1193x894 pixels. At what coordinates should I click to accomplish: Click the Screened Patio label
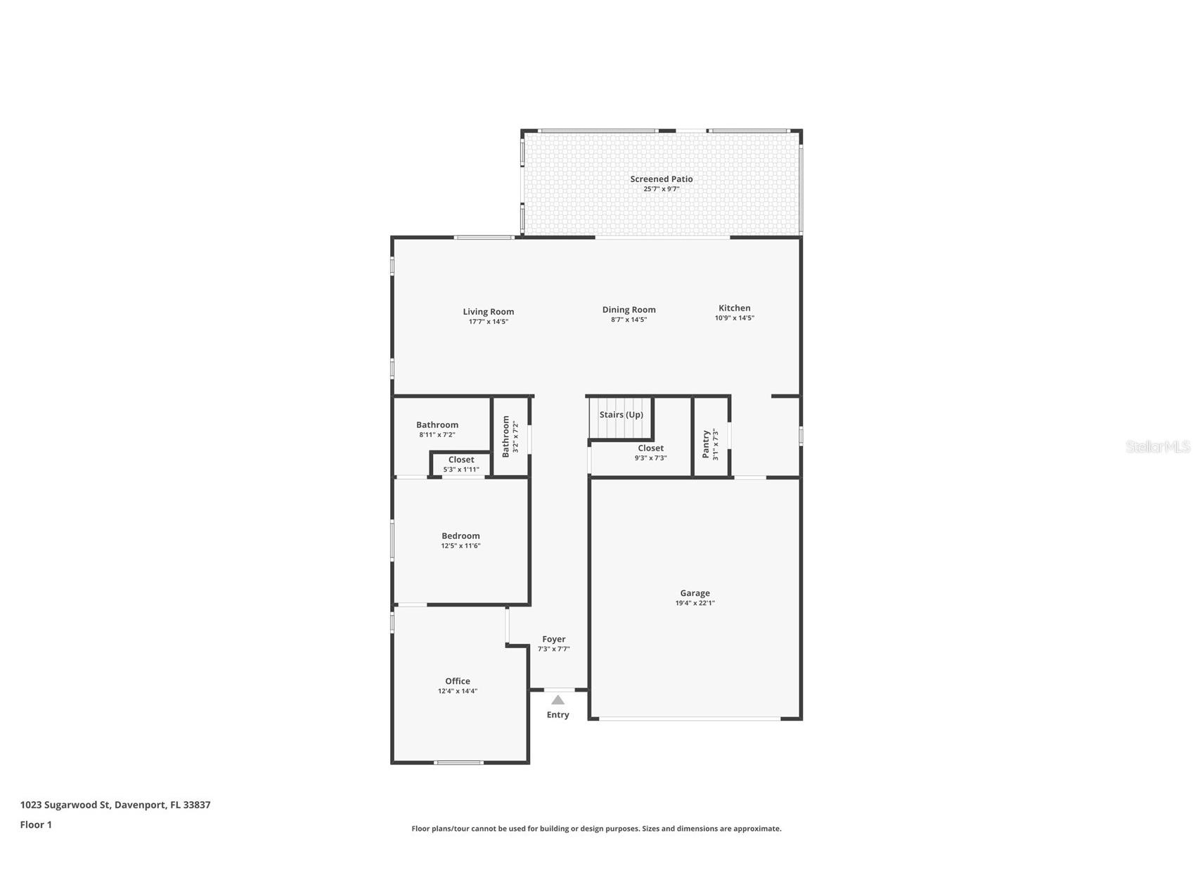click(661, 179)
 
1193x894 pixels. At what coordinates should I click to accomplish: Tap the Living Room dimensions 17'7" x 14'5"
click(488, 322)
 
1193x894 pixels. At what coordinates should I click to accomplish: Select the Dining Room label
click(628, 310)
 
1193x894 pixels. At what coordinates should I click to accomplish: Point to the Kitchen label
click(734, 308)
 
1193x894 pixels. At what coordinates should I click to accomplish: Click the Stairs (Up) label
click(621, 415)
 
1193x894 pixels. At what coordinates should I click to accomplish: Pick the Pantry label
click(706, 444)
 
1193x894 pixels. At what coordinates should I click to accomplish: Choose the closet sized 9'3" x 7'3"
click(650, 453)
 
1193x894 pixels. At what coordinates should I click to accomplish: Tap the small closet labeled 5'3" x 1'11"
click(461, 465)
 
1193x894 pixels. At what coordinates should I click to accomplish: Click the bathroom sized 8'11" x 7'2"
click(437, 429)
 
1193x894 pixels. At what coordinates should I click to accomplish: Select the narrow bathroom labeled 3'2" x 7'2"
click(510, 436)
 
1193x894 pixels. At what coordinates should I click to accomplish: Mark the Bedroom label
click(460, 536)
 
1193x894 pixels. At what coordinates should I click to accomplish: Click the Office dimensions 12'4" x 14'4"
click(457, 691)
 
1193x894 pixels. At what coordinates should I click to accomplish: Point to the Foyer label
click(553, 639)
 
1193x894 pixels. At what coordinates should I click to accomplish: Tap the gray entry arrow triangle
click(557, 700)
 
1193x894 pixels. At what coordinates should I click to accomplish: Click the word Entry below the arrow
click(557, 715)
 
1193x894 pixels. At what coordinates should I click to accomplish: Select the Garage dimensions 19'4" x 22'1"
click(695, 603)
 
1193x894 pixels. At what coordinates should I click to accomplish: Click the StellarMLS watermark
click(1157, 446)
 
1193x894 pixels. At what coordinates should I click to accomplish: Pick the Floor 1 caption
click(36, 824)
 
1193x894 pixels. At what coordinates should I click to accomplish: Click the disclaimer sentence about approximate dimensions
click(596, 829)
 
